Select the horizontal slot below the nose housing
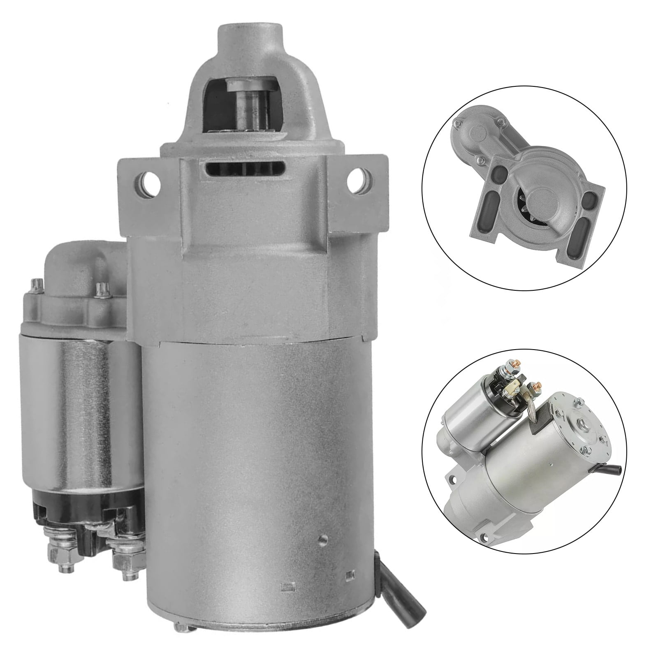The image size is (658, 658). point(246,169)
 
